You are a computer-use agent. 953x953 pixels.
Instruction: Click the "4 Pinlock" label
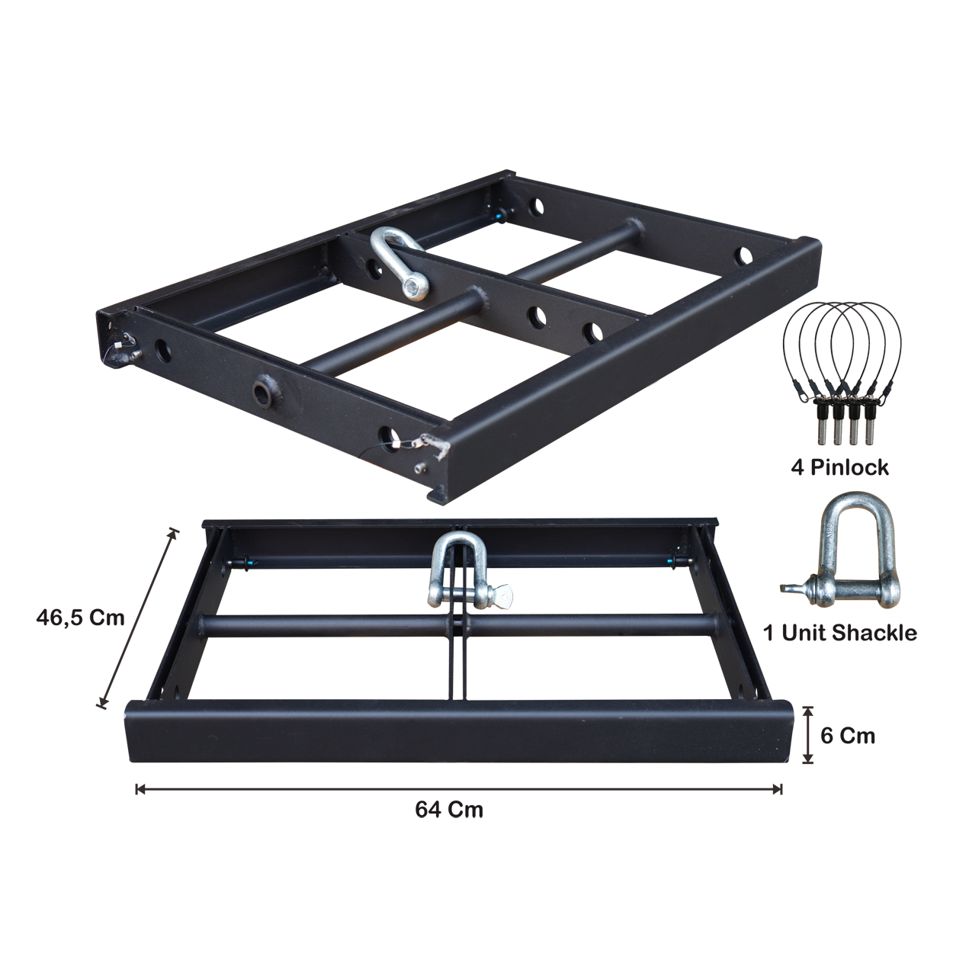tap(839, 467)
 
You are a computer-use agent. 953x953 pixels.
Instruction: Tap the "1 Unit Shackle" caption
tap(840, 633)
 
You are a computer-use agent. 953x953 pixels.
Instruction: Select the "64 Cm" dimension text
tap(449, 810)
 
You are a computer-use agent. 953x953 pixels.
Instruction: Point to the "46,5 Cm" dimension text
tap(80, 618)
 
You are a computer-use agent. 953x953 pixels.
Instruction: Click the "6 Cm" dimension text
tap(848, 736)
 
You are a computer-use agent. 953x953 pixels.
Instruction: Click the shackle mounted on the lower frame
tap(465, 573)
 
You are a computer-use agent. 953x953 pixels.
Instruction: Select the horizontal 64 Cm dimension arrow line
tap(458, 789)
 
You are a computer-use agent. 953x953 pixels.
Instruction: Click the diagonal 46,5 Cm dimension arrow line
tap(139, 618)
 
